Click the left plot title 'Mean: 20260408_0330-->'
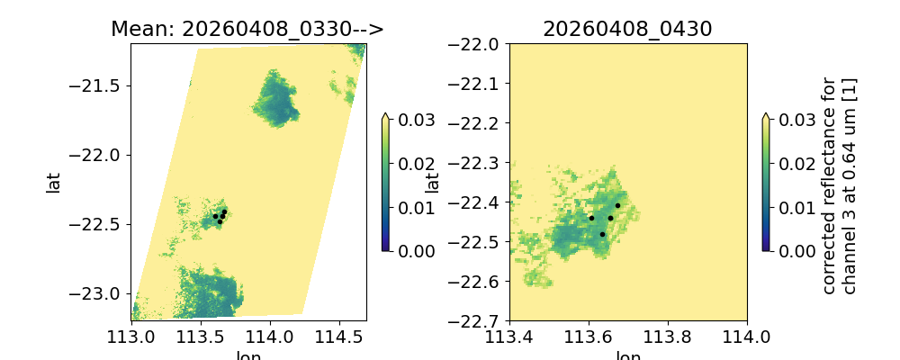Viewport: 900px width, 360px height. point(247,29)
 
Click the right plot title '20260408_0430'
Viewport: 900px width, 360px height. point(627,29)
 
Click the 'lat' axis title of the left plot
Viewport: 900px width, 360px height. point(53,182)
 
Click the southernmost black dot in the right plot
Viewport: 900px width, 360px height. point(603,234)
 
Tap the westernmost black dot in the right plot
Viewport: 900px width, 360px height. point(591,218)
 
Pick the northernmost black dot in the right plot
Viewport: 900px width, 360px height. point(617,205)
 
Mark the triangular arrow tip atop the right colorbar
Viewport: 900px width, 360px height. point(765,116)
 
